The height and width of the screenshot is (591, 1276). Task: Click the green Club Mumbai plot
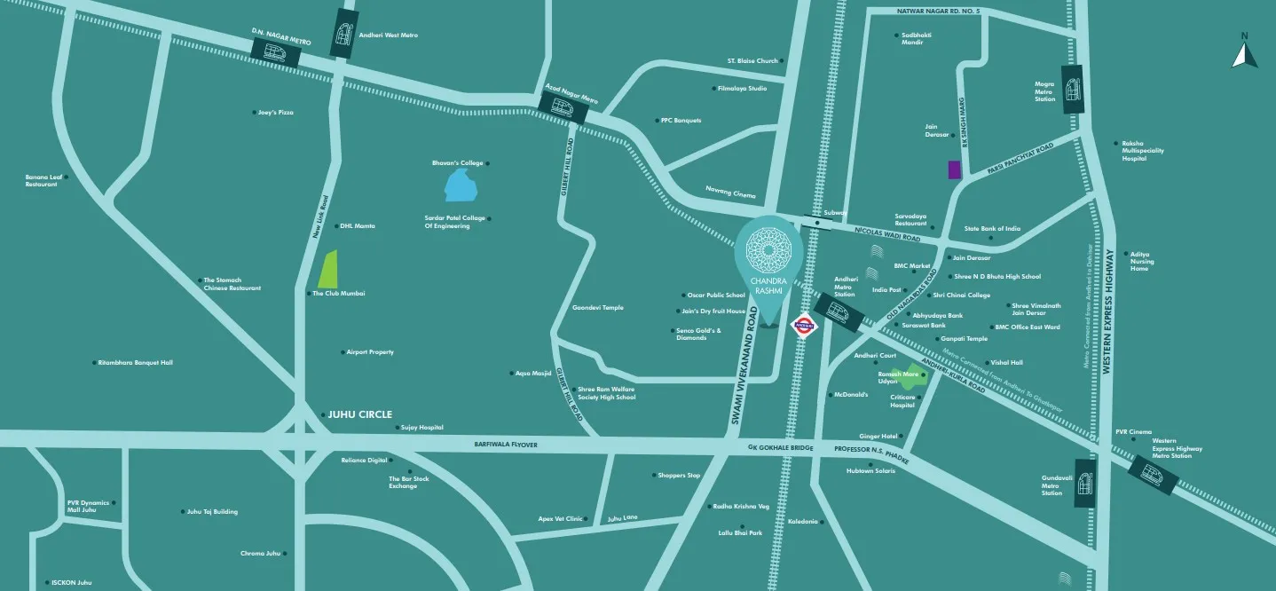click(x=327, y=271)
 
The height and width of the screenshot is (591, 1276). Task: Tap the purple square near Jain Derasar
click(x=955, y=170)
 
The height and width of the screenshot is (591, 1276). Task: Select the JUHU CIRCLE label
click(x=359, y=414)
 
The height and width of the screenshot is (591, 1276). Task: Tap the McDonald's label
click(x=850, y=395)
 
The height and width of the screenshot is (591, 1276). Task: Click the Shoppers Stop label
click(x=679, y=476)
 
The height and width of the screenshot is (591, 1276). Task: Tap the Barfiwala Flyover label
click(x=506, y=444)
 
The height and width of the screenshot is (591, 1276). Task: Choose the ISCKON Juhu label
click(x=71, y=583)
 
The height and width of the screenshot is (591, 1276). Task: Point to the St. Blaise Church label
click(x=752, y=61)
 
